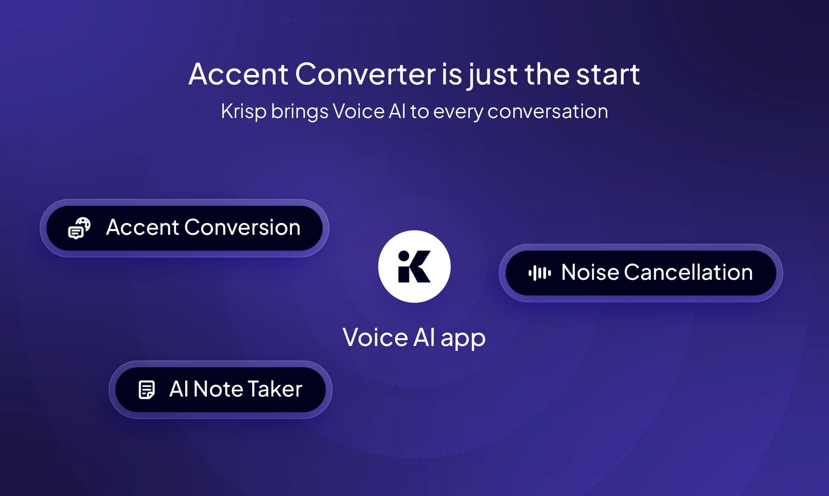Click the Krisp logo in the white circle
pos(414,266)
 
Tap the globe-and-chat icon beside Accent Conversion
pos(79,228)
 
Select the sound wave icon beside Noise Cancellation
pos(539,273)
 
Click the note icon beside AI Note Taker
pos(146,389)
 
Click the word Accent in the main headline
pos(238,74)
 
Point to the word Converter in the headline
pos(365,74)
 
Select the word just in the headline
pos(493,74)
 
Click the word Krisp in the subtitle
pos(244,111)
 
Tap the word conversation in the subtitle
pos(547,111)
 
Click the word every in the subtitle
pos(458,111)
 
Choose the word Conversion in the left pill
pos(242,227)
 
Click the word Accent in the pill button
pos(142,227)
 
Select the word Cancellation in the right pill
pos(688,272)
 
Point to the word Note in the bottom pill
pos(218,389)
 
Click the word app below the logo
pos(463,338)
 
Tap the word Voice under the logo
pos(375,337)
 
